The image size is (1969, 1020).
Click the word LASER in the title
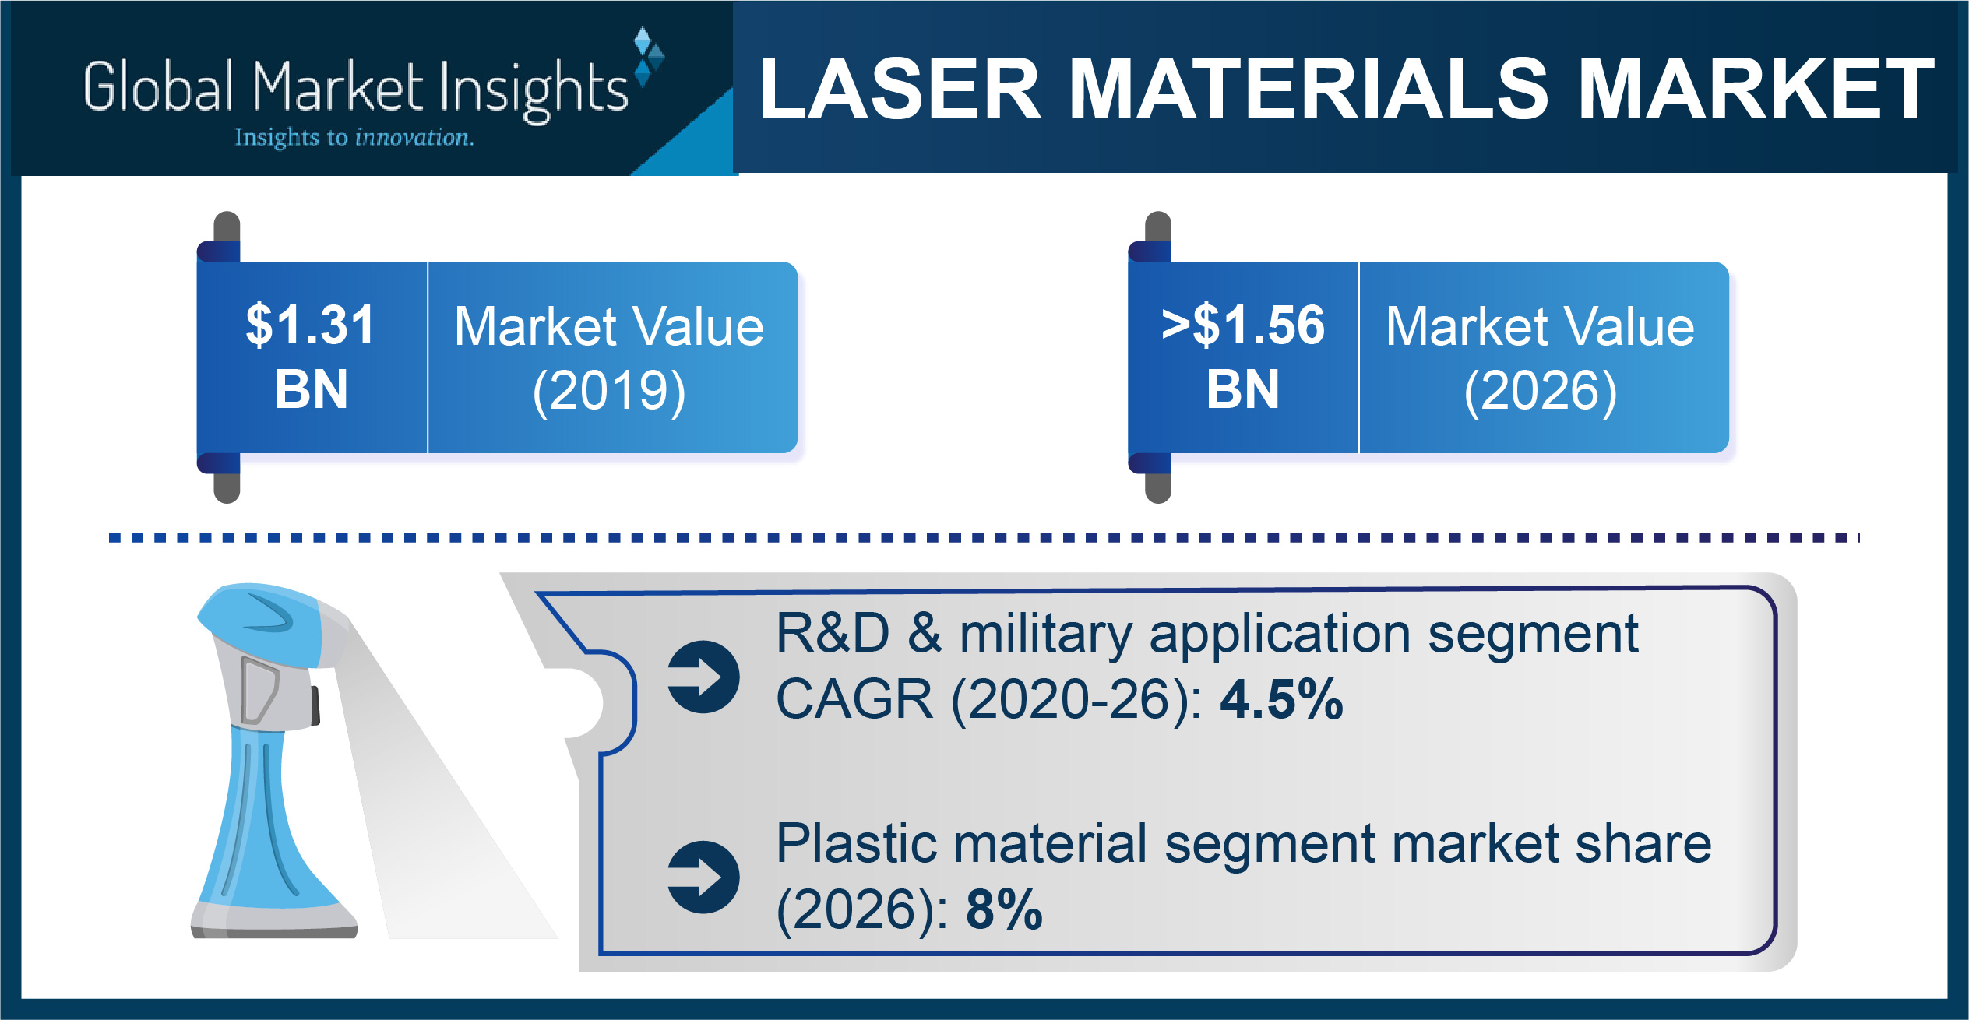click(900, 90)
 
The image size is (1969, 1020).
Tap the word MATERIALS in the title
click(1309, 90)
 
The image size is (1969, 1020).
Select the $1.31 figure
click(310, 325)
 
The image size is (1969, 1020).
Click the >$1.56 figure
click(1242, 325)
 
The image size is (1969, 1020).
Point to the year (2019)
click(609, 391)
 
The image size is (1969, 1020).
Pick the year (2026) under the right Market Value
click(1541, 391)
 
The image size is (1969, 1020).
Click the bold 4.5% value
click(1281, 699)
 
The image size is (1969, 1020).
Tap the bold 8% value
click(1004, 909)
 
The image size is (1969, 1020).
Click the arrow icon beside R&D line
click(703, 677)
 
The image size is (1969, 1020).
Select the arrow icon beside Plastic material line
click(703, 877)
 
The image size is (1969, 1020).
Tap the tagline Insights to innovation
click(354, 138)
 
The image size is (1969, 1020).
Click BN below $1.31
click(311, 389)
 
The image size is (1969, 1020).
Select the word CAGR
click(854, 699)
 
